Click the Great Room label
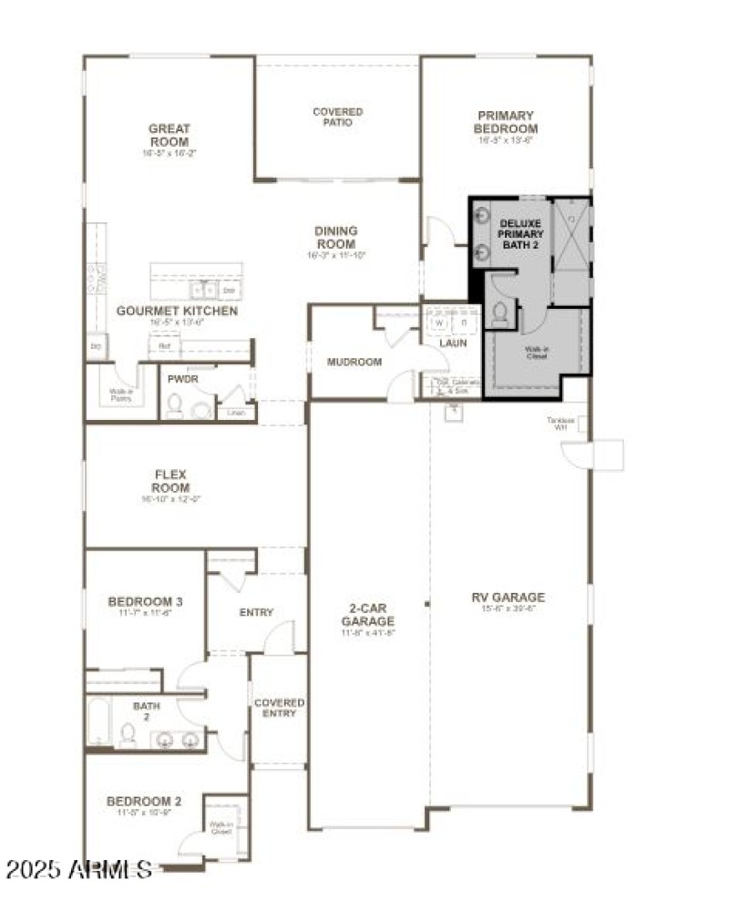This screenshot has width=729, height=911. pos(169,136)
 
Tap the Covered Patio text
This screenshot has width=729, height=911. pos(338,118)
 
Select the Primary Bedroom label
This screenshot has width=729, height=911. pos(505,122)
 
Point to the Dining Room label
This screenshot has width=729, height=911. pos(336,238)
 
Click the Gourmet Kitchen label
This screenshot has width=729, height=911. pos(177,311)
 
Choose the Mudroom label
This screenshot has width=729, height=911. pos(354,362)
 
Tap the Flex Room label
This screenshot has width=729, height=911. pos(171,482)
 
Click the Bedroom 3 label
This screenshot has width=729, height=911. pos(146,601)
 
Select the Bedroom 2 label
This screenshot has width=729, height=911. pos(144,802)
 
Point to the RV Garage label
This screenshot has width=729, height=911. pos(508,598)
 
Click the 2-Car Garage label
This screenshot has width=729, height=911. pos(368,615)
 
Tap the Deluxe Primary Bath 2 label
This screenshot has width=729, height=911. pos(520,234)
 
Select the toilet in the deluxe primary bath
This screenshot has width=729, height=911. pos(499,315)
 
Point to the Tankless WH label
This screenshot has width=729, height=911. pos(559,424)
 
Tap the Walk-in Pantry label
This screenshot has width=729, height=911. pos(121,394)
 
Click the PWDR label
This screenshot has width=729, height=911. pos(183,378)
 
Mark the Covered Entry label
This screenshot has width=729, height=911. pos(279,708)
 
